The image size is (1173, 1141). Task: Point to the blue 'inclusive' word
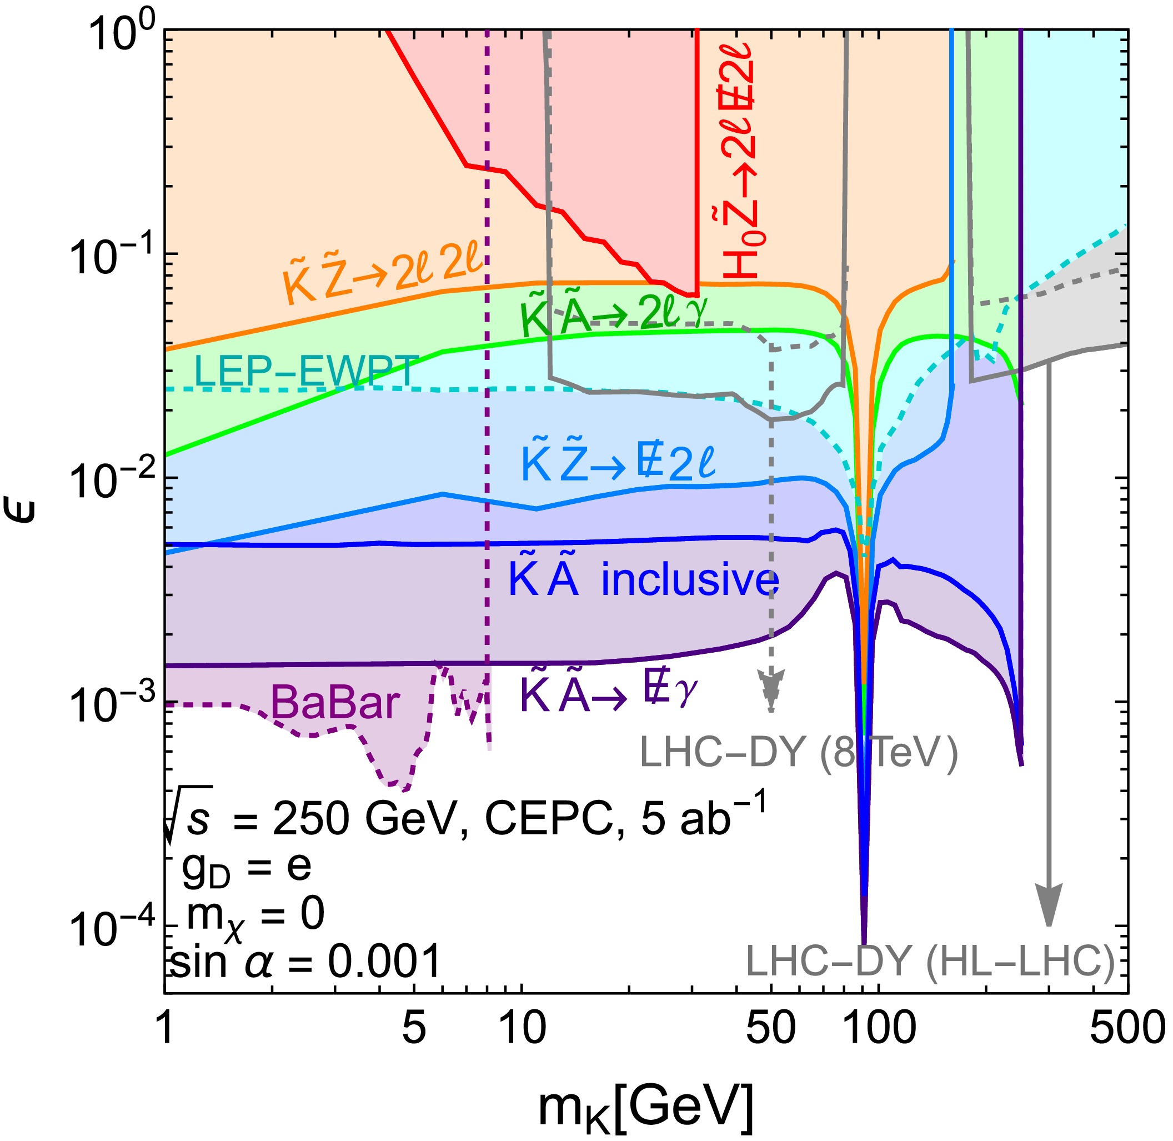tap(690, 579)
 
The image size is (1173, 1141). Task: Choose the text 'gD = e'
tap(246, 867)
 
